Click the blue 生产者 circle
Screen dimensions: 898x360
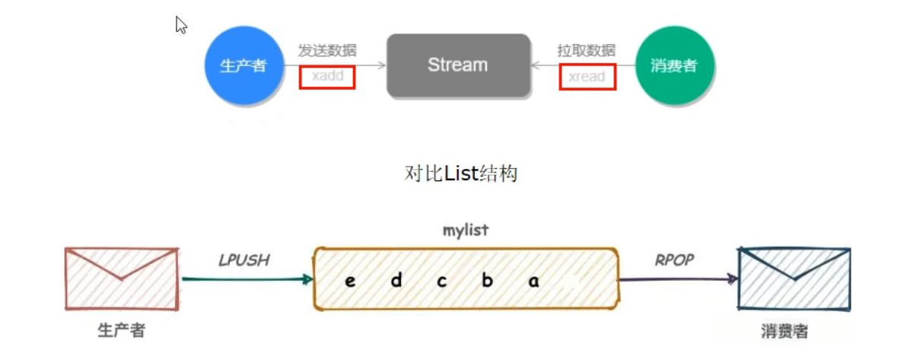(243, 65)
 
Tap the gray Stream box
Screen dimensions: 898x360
(457, 65)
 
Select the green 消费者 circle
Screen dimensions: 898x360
(673, 65)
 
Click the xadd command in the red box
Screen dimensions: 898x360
(327, 77)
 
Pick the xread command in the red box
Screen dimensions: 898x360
(587, 77)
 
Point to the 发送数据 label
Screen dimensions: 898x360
(327, 51)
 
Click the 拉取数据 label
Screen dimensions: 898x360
(586, 51)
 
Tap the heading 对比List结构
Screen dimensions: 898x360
(461, 174)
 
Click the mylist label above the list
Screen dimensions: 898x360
(465, 229)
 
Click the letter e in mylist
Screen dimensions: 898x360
(350, 281)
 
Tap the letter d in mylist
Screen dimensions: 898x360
(396, 281)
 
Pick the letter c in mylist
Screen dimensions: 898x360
(441, 281)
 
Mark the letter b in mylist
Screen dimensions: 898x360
(487, 281)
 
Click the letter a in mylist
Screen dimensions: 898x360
(533, 281)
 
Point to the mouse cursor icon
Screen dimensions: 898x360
(181, 25)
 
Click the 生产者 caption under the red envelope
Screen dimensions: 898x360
(122, 330)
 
